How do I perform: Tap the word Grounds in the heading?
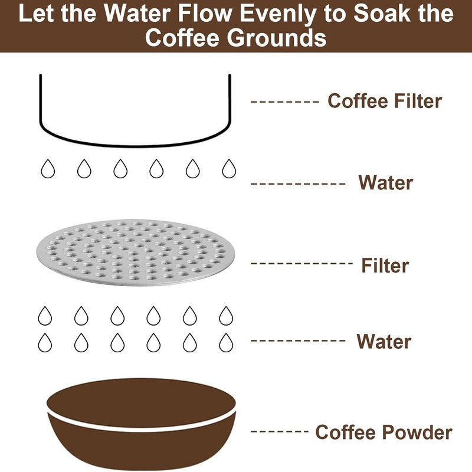[x=276, y=38]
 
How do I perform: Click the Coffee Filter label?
[x=385, y=101]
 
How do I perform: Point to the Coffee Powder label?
[x=383, y=432]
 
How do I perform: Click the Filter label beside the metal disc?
[x=385, y=265]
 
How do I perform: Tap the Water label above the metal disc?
[x=386, y=183]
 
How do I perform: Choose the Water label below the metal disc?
[x=384, y=342]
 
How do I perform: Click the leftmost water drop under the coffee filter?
[x=48, y=169]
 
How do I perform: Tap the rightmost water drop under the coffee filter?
[x=229, y=169]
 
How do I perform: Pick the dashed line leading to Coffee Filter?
[x=284, y=101]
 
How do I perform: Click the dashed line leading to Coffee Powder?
[x=279, y=431]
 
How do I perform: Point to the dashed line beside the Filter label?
[x=301, y=263]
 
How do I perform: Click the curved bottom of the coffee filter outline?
[x=135, y=145]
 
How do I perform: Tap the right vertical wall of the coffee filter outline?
[x=230, y=98]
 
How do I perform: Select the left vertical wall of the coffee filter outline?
[x=41, y=98]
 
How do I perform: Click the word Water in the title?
[x=137, y=13]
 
